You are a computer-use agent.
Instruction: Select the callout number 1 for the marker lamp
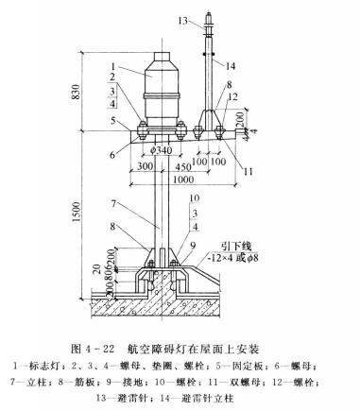[x=111, y=66]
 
